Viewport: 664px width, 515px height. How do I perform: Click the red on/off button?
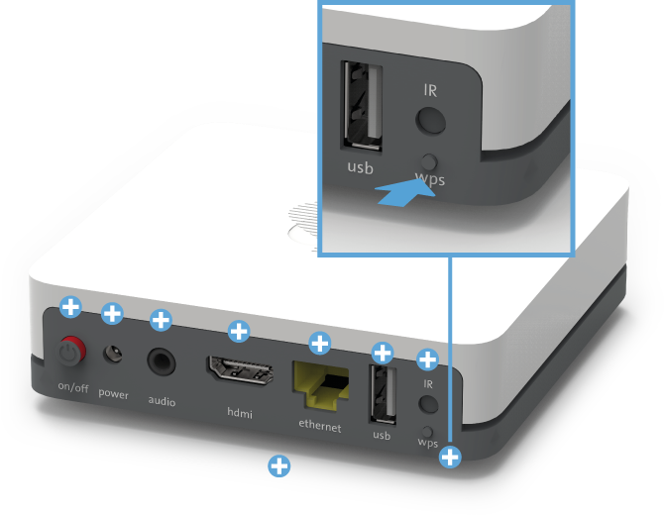(x=69, y=350)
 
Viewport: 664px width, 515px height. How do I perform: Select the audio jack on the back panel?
(x=160, y=360)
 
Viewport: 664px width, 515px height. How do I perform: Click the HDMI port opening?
(x=239, y=370)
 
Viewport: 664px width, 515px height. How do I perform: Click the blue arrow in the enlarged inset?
(x=408, y=191)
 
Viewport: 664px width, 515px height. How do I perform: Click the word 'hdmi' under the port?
(x=239, y=411)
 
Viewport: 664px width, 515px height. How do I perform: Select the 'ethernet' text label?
(x=319, y=427)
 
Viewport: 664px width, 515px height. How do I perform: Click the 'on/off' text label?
(x=72, y=387)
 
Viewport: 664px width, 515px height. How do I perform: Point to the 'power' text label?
(x=113, y=394)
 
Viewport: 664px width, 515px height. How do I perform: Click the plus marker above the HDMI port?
(x=238, y=330)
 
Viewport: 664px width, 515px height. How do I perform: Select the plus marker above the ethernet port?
(x=319, y=343)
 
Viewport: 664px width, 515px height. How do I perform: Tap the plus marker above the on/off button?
(x=69, y=306)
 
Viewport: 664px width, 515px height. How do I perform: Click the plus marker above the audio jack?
(x=160, y=320)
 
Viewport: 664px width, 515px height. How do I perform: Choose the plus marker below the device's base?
(x=279, y=464)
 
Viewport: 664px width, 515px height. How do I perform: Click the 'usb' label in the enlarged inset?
(x=360, y=167)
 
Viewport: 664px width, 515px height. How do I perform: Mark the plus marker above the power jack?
(x=112, y=314)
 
